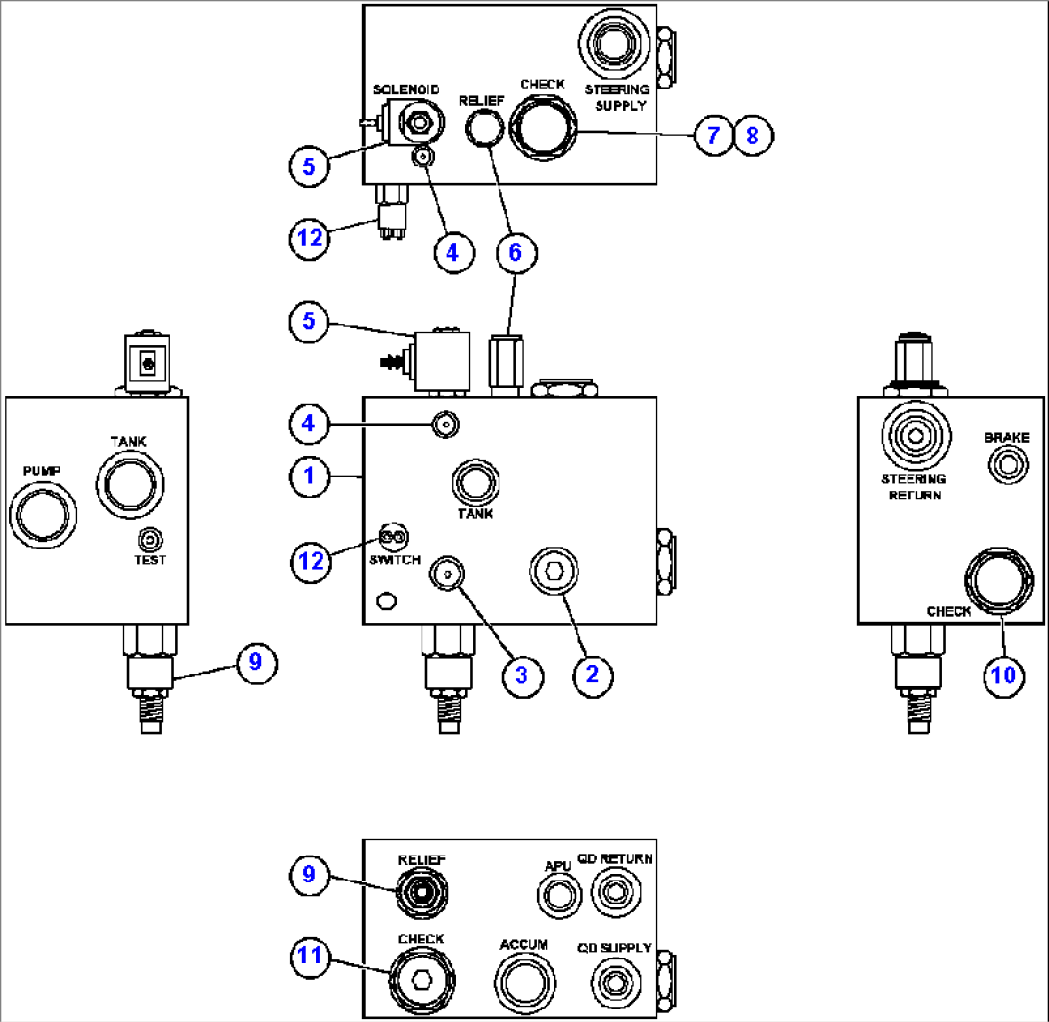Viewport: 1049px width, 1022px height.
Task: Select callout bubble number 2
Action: [593, 674]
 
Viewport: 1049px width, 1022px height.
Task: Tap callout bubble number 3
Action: [521, 674]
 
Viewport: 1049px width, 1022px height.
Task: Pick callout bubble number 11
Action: [309, 958]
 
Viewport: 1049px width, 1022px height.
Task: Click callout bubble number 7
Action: [713, 136]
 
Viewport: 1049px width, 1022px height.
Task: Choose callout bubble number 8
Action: [754, 136]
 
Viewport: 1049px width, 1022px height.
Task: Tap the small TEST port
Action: [150, 539]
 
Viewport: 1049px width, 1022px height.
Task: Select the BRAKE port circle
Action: [1007, 467]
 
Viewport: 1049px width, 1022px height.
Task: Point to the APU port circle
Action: [556, 897]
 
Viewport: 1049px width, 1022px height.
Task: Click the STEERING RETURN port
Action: [912, 441]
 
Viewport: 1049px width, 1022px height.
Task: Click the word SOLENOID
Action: [407, 89]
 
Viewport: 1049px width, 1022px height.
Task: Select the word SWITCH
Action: [395, 560]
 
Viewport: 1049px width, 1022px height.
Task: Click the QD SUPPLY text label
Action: [614, 948]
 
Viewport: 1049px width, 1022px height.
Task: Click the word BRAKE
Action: [1007, 437]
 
